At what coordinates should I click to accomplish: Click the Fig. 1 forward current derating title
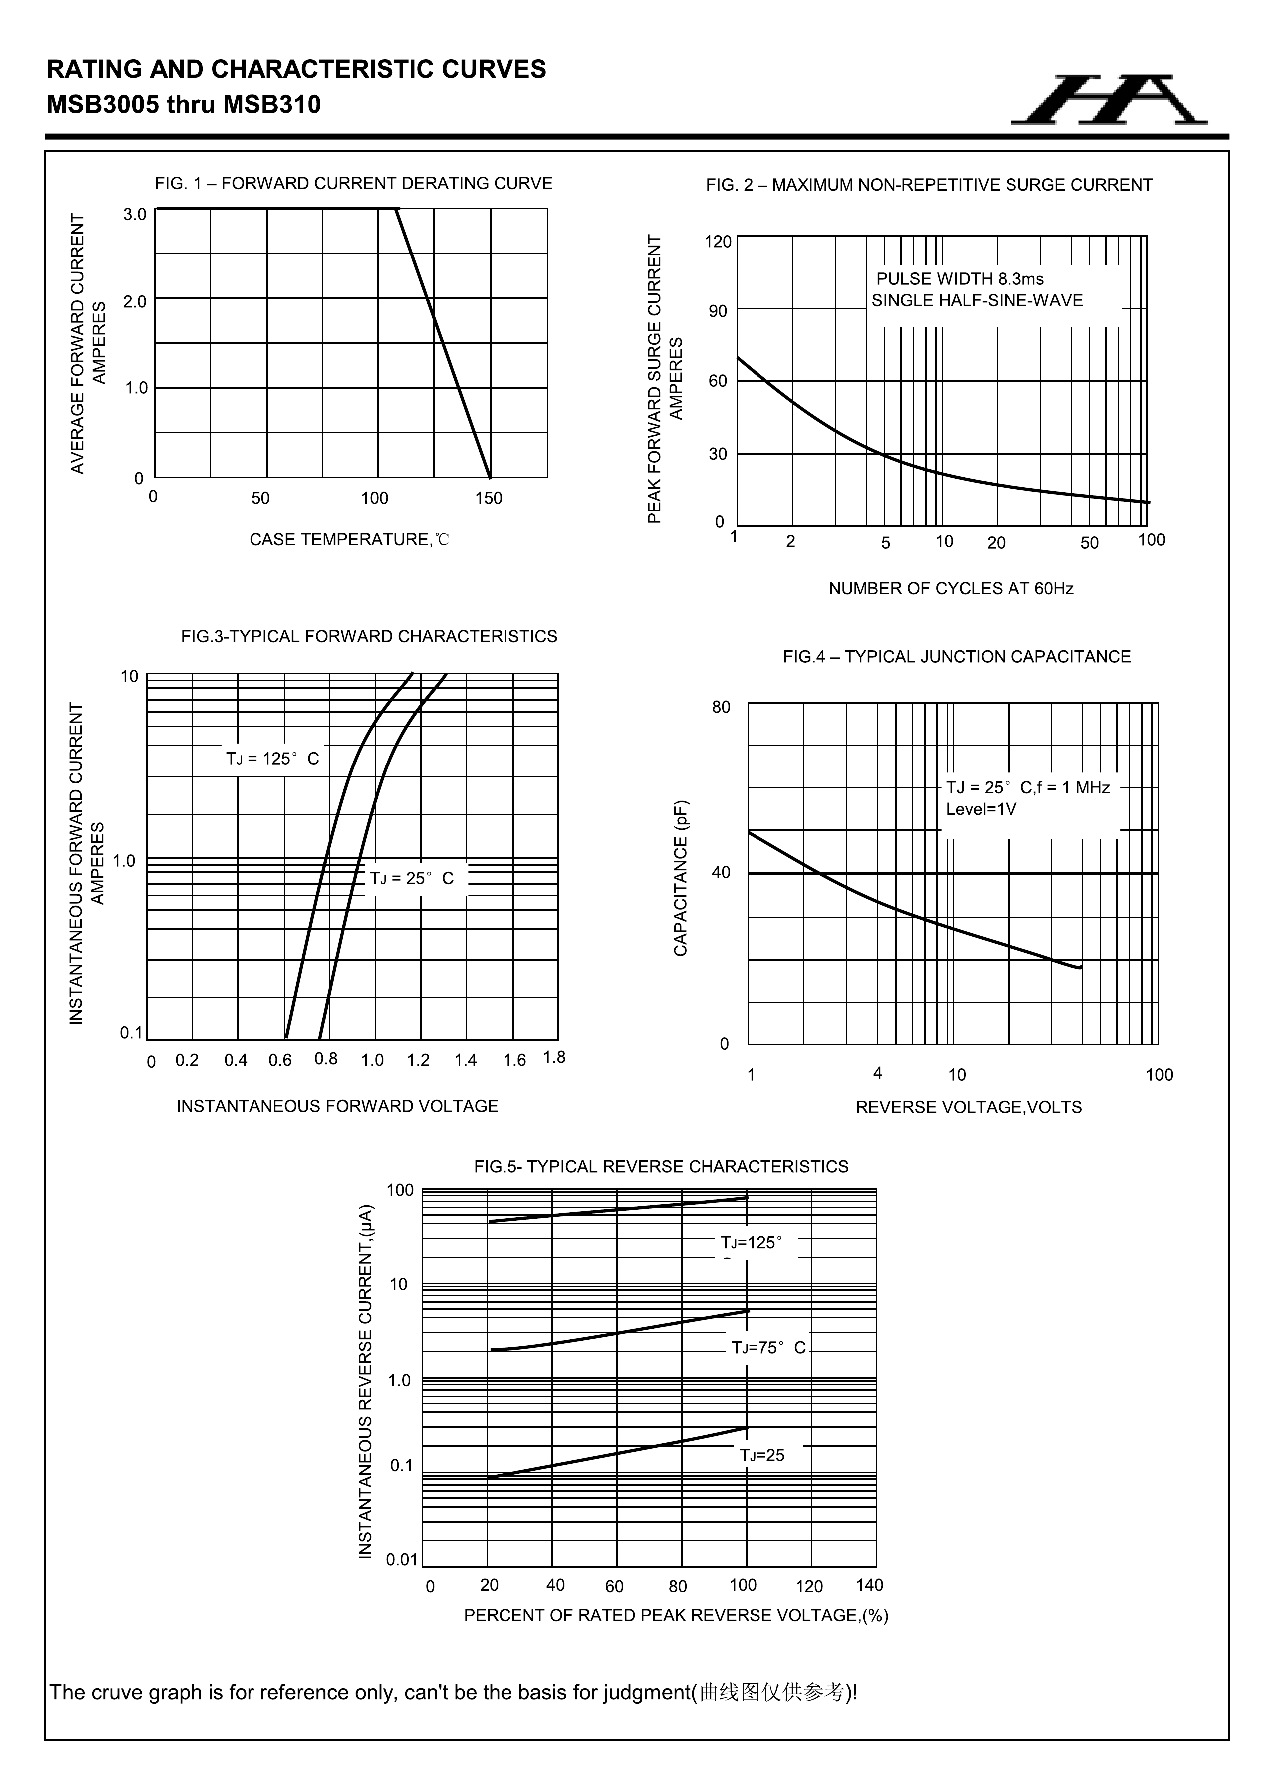(353, 184)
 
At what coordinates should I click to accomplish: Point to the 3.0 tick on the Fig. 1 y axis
(135, 214)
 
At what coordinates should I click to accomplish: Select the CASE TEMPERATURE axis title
(349, 540)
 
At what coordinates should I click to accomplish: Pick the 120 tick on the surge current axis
(718, 242)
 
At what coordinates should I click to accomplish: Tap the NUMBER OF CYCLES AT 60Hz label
(951, 589)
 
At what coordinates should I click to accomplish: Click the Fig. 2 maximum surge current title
(929, 185)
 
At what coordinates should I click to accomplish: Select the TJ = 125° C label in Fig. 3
(272, 759)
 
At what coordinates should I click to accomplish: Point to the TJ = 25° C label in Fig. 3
(412, 878)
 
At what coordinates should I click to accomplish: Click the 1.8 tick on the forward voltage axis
(554, 1058)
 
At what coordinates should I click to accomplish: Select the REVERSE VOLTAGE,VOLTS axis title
(969, 1108)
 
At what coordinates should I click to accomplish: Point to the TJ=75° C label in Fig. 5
(768, 1348)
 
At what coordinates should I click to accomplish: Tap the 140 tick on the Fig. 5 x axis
(869, 1585)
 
